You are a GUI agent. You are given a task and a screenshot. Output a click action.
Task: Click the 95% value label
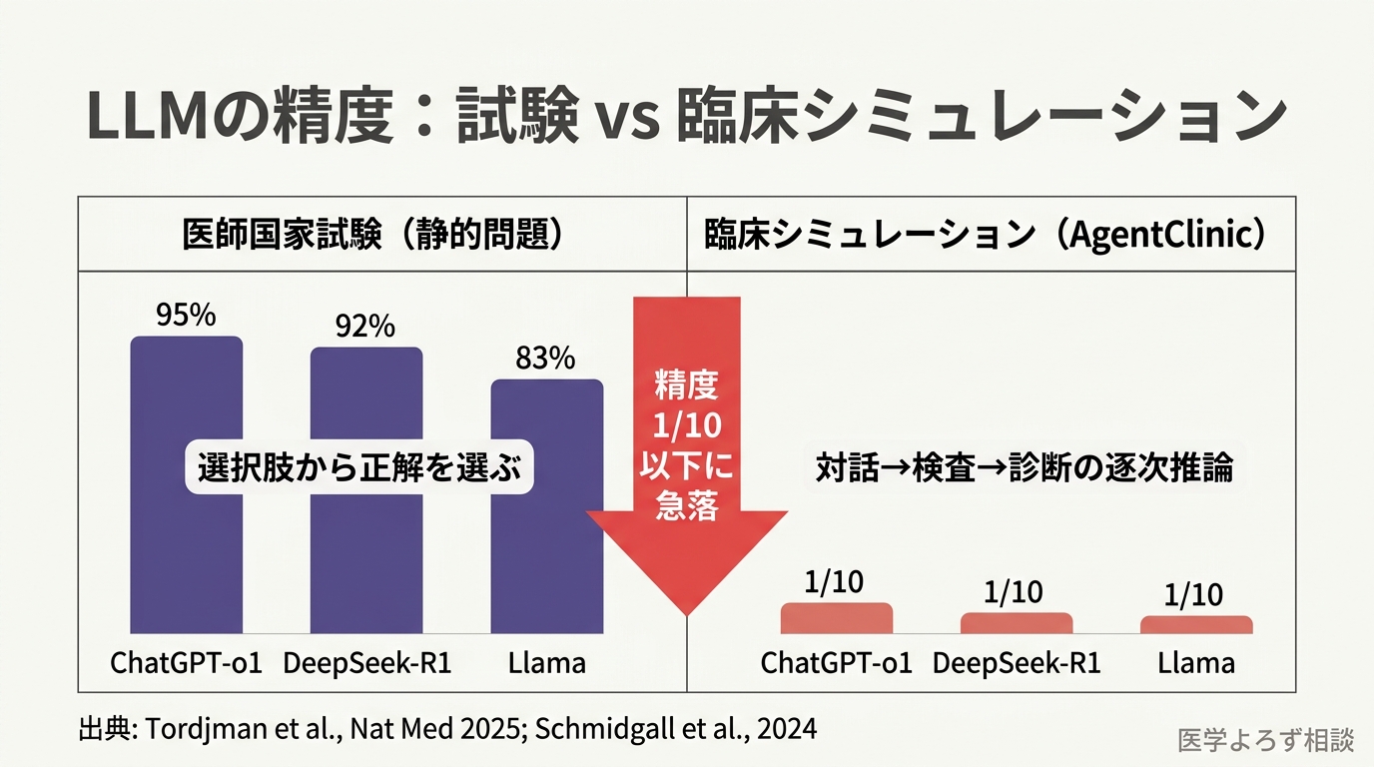[186, 316]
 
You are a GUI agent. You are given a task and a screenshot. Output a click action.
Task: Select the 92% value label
[365, 327]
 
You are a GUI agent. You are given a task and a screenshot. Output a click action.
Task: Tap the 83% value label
[545, 359]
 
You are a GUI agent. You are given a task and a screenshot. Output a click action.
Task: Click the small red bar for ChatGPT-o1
[836, 618]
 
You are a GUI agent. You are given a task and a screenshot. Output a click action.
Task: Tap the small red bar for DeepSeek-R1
[1016, 623]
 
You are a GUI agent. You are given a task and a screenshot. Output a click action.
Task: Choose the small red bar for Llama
[1195, 625]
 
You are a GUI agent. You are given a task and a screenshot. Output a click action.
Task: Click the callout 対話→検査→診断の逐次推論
[1024, 467]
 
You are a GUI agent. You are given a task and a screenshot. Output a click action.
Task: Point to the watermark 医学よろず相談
[1265, 740]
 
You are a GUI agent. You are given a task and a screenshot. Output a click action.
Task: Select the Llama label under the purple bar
[546, 663]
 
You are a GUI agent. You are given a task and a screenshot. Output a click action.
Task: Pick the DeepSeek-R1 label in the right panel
[1016, 663]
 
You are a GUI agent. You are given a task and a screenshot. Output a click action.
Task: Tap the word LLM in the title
[149, 118]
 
